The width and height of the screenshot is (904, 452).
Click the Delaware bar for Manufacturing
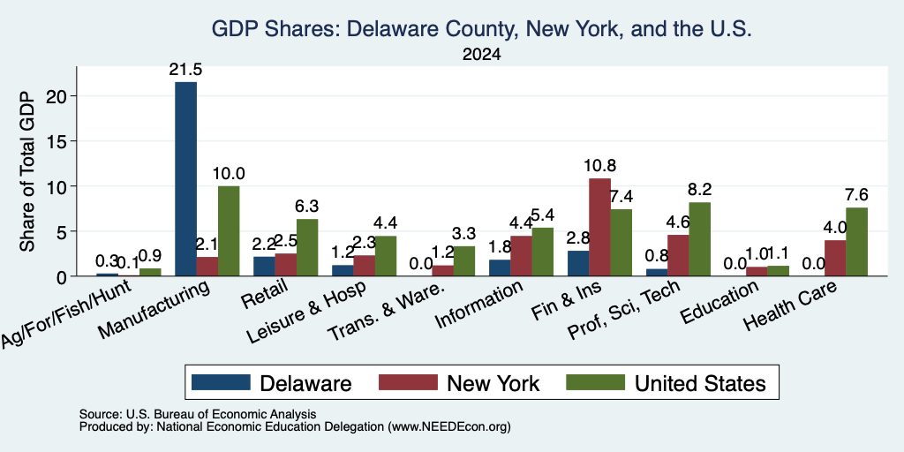point(185,178)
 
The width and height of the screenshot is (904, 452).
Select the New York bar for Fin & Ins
point(599,227)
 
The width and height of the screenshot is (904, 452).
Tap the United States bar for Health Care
point(856,242)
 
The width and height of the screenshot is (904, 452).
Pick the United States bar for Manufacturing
point(229,231)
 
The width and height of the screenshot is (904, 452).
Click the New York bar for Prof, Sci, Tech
point(678,255)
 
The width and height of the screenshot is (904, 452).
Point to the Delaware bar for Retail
point(264,267)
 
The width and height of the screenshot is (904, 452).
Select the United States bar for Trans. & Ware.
point(464,261)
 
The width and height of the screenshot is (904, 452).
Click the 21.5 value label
point(185,70)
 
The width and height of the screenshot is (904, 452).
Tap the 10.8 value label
point(599,166)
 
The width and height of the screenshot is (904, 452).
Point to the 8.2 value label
point(699,189)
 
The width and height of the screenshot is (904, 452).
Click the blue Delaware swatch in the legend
point(221,382)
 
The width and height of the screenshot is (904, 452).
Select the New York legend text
point(493,383)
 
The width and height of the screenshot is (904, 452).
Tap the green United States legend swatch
point(596,382)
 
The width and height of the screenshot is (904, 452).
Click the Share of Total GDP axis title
point(27,171)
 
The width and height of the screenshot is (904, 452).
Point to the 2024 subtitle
point(481,55)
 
